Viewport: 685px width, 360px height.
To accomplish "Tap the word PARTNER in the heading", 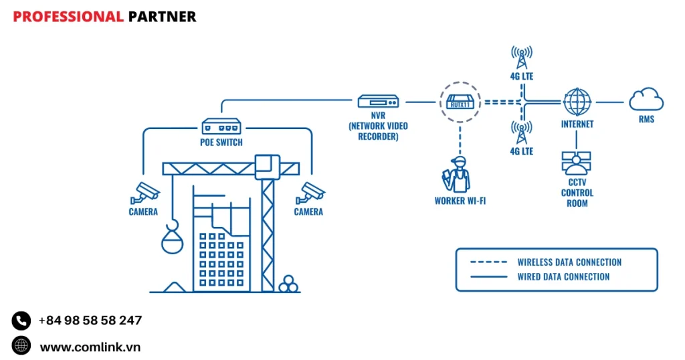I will point(162,17).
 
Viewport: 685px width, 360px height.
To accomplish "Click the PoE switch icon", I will point(221,126).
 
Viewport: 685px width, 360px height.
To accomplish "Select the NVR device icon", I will point(379,102).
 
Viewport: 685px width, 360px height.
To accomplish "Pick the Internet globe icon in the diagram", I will point(577,102).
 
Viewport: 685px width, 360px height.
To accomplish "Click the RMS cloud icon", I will point(646,101).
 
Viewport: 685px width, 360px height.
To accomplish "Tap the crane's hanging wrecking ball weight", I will point(172,240).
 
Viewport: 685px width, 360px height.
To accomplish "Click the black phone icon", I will point(21,321).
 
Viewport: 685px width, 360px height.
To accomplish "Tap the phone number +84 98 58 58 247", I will point(90,321).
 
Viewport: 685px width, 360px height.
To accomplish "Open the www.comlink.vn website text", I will point(90,347).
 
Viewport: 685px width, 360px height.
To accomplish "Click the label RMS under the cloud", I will point(646,120).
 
